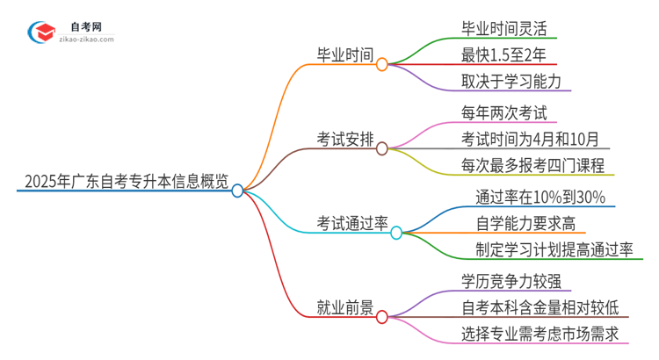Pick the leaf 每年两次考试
tap(503, 112)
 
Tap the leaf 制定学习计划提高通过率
tap(554, 250)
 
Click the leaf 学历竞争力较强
tap(511, 280)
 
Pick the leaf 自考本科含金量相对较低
tap(540, 307)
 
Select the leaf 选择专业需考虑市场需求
tap(540, 335)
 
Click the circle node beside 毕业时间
tap(381, 64)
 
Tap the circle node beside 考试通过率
tap(396, 233)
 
